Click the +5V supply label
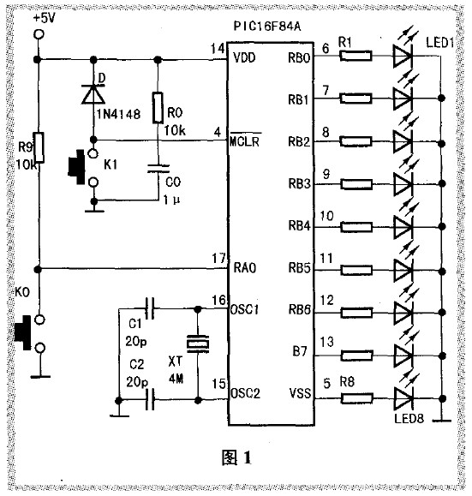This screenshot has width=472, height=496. [44, 18]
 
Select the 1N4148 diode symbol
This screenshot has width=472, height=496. [93, 94]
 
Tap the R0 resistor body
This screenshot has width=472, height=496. [158, 108]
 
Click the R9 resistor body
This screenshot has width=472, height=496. [39, 147]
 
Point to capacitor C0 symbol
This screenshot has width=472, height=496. [158, 169]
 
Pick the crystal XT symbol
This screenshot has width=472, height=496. [198, 344]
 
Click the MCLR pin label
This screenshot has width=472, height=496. [244, 140]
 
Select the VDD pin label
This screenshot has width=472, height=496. [244, 57]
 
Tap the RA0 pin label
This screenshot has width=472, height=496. [244, 267]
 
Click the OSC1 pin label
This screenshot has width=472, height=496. [244, 309]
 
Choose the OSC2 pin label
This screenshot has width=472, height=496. [245, 393]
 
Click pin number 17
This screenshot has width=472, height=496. [218, 258]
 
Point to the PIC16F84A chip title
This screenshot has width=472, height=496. [267, 27]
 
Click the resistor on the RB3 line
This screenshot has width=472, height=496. [356, 184]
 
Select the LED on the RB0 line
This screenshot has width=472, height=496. [403, 57]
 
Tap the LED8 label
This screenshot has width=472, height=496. [409, 419]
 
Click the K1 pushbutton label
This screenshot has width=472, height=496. [111, 164]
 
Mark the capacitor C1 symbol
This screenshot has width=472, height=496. [150, 308]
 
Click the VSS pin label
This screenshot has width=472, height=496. [300, 393]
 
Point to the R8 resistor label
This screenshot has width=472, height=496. [347, 382]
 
